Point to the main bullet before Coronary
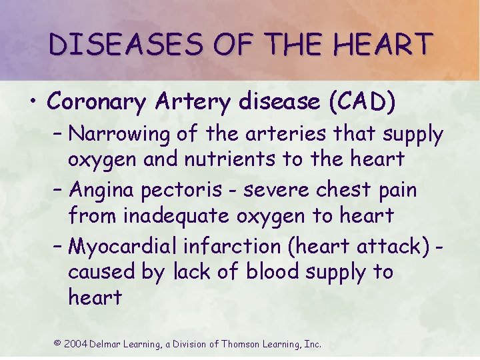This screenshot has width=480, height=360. tap(32, 102)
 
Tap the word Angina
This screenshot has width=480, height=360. tap(101, 191)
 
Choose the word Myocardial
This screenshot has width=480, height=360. tap(123, 247)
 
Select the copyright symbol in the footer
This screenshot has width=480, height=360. tap(57, 343)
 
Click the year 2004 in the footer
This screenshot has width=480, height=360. tap(76, 344)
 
